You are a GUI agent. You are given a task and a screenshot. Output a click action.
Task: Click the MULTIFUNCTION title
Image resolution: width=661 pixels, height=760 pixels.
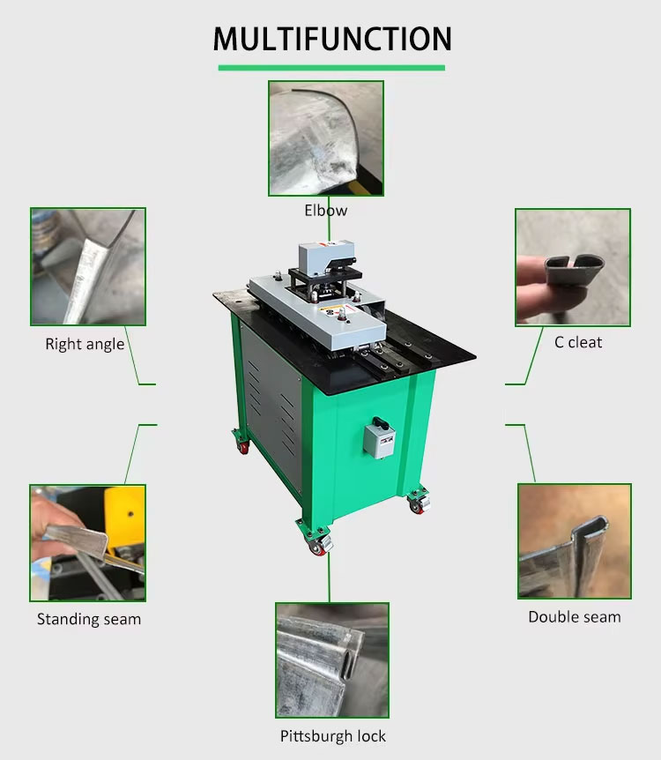point(332,39)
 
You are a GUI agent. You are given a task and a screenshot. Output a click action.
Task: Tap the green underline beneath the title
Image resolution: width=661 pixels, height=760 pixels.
point(331,68)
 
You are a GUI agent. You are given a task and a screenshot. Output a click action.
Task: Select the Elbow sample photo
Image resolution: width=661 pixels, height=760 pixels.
point(326,138)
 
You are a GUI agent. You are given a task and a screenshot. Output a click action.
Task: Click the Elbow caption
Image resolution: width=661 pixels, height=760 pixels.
point(326,211)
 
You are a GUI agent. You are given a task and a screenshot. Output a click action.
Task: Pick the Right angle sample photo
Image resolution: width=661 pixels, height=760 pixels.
point(88,266)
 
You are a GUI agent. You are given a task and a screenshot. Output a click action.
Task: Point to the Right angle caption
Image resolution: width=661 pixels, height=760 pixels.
point(85,344)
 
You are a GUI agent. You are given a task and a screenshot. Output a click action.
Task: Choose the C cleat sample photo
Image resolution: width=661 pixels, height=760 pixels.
point(573,267)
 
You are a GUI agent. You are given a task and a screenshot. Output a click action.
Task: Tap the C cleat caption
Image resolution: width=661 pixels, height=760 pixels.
point(578,342)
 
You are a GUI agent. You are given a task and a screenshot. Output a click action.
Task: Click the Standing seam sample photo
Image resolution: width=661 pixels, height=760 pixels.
point(88,543)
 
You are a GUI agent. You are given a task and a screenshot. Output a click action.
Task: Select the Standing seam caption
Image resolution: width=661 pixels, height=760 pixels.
point(89,619)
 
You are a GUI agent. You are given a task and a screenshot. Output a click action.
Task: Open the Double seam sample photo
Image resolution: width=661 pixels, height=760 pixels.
point(575,541)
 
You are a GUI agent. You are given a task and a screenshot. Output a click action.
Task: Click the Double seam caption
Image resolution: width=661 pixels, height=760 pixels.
point(575,616)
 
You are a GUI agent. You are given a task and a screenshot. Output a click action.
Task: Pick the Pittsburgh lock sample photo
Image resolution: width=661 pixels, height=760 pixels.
point(332,660)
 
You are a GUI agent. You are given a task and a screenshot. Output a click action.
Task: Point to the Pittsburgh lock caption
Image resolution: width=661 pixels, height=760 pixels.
point(333,736)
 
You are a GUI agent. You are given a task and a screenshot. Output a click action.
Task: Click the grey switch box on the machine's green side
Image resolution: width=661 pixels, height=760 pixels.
point(380,437)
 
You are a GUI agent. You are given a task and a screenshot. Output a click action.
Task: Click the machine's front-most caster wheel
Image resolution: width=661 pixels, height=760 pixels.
point(317,546)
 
